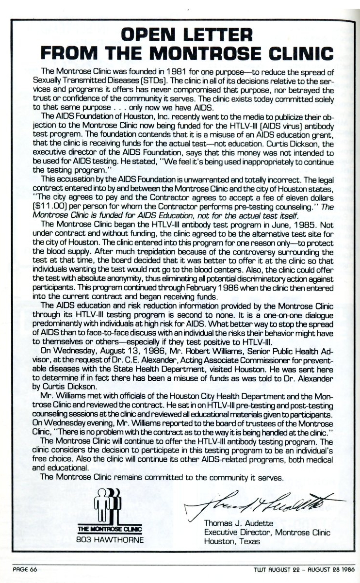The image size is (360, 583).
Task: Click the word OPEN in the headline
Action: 148,34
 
